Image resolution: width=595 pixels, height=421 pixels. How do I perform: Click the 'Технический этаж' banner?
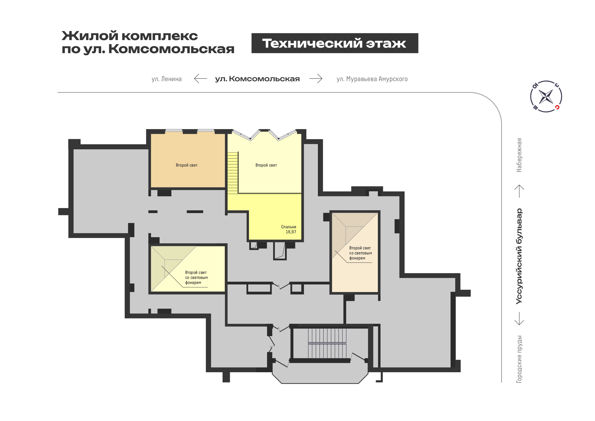point(334,43)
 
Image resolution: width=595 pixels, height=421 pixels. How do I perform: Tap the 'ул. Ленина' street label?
point(167,79)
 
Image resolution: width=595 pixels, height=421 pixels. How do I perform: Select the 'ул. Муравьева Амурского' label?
point(372,79)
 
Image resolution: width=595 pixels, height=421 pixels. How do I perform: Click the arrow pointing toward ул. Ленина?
point(201,78)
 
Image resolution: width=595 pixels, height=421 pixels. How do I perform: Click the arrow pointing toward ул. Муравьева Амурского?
point(316,78)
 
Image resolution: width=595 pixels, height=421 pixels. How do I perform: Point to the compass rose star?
point(546,96)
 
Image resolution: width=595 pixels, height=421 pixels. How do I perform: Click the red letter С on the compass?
point(557,107)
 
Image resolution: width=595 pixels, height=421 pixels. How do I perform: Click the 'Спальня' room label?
point(288,227)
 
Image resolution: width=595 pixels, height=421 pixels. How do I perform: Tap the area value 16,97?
point(291,232)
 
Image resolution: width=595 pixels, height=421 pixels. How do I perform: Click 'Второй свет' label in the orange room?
point(187,165)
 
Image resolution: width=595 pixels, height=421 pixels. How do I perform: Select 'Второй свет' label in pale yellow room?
point(266,165)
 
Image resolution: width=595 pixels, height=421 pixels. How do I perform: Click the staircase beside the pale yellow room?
point(233,172)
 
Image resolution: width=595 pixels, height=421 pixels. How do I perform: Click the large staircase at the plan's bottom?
point(327,343)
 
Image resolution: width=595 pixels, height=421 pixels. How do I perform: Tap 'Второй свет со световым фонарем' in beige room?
point(360,253)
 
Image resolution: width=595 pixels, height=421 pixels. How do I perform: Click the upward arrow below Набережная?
point(519,191)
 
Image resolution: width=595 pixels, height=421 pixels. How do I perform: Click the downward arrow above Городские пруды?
point(519,318)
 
